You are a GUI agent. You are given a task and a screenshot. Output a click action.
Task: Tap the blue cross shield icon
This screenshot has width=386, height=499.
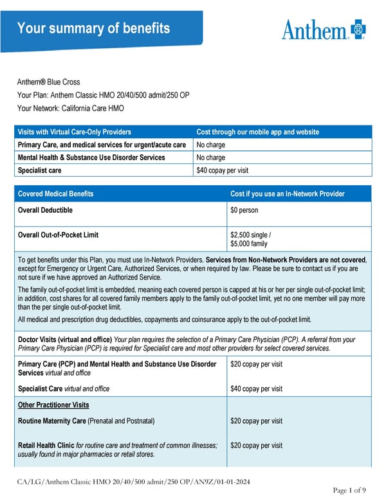point(358,29)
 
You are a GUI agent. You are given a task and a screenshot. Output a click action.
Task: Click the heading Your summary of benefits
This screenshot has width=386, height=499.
point(93,28)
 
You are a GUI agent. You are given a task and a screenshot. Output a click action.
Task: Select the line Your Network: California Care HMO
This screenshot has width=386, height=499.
point(71,108)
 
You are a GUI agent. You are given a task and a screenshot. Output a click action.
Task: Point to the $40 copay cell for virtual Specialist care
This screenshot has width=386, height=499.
point(222,170)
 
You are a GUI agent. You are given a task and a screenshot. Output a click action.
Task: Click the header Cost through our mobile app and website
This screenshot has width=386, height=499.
point(257,132)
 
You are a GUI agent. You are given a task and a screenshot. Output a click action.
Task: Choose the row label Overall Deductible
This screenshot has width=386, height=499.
point(45,210)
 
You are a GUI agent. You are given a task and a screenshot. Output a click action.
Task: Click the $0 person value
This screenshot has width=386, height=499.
point(245,210)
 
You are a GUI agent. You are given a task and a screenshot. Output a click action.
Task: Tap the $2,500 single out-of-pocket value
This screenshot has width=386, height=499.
point(253,235)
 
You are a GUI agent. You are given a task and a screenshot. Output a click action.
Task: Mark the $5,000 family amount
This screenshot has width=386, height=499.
point(250,244)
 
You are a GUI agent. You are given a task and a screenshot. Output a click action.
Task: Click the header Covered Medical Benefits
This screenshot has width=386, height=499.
point(55,194)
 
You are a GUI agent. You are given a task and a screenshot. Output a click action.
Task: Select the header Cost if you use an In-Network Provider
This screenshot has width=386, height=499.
point(288,194)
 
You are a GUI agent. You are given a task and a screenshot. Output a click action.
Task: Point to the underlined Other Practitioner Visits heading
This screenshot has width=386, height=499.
point(53,405)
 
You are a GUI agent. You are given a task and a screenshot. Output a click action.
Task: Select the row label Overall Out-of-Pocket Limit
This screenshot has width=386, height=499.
point(58,235)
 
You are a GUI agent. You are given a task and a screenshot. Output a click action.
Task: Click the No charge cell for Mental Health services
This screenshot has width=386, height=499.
point(210,158)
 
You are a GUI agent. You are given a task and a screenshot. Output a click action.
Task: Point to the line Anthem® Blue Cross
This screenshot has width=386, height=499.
point(48,82)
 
